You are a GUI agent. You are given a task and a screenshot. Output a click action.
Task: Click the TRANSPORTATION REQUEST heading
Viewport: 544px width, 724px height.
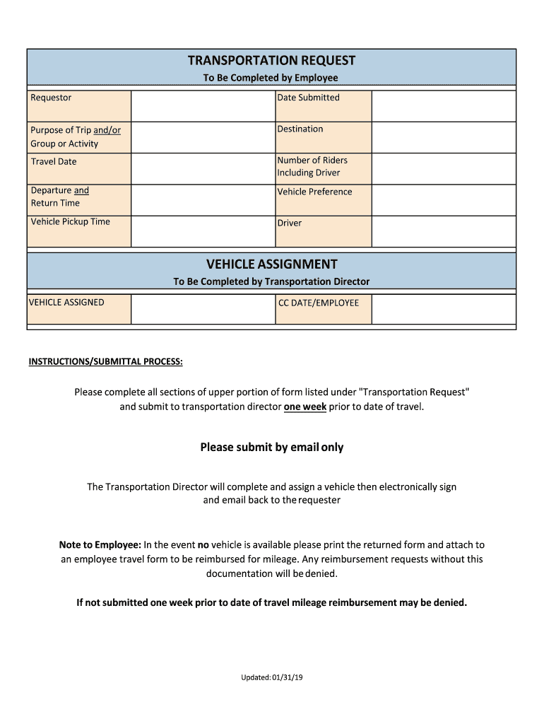[x=271, y=61]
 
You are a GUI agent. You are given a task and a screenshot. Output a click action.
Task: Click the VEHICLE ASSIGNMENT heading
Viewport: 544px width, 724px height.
[x=271, y=264]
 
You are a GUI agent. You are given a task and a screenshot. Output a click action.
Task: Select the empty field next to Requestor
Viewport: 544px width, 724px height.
[x=203, y=106]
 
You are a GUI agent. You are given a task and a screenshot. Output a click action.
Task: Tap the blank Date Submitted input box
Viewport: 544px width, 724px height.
[x=443, y=106]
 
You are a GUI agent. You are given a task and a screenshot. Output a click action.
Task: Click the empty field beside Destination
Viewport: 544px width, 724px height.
[x=443, y=136]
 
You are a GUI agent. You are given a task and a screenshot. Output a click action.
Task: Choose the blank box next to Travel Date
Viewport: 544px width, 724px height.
[x=203, y=168]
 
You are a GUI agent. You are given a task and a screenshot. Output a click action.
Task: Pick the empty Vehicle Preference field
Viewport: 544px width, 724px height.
[x=443, y=199]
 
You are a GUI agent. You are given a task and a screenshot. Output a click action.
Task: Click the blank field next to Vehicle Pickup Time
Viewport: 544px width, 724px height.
[x=203, y=231]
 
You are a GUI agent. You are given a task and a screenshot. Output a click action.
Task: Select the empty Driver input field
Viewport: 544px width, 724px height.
[x=443, y=231]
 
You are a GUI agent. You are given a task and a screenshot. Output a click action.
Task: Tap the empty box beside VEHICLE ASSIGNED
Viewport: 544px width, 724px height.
[x=203, y=310]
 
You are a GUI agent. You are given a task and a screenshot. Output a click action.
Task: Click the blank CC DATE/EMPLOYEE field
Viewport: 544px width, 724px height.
[x=443, y=310]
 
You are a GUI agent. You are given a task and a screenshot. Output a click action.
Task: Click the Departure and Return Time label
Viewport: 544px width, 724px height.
[x=60, y=197]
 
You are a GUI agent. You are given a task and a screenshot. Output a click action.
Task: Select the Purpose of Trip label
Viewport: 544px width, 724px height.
[x=76, y=136]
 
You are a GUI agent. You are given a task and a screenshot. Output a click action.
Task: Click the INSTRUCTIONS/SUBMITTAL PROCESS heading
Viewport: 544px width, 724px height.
[x=105, y=362]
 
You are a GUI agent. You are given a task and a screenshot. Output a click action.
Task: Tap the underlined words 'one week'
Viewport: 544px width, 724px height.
[x=304, y=407]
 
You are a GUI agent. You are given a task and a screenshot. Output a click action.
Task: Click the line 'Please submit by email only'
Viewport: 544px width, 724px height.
[x=271, y=447]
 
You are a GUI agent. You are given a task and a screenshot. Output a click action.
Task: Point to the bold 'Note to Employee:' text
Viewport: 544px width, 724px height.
[x=100, y=545]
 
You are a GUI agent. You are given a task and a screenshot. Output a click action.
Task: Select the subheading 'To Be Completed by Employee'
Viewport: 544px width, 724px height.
[x=271, y=78]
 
